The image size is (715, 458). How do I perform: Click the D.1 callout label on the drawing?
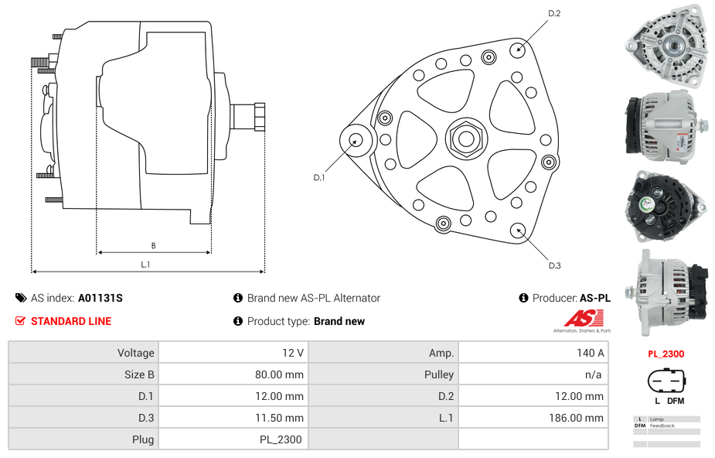[318, 177]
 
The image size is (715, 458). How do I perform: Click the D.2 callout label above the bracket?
[554, 13]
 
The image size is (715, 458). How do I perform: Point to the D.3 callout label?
[554, 265]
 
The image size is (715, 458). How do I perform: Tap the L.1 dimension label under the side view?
[145, 264]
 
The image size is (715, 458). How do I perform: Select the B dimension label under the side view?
[153, 245]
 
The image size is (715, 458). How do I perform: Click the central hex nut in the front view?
[465, 139]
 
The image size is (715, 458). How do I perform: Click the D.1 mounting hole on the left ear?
[356, 140]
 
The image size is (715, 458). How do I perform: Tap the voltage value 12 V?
[293, 353]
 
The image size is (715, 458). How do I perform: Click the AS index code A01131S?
[100, 298]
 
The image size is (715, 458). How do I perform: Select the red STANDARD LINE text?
[71, 321]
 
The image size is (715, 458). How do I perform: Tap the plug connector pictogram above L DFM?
[666, 381]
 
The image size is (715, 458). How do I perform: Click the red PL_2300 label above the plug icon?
[666, 354]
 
